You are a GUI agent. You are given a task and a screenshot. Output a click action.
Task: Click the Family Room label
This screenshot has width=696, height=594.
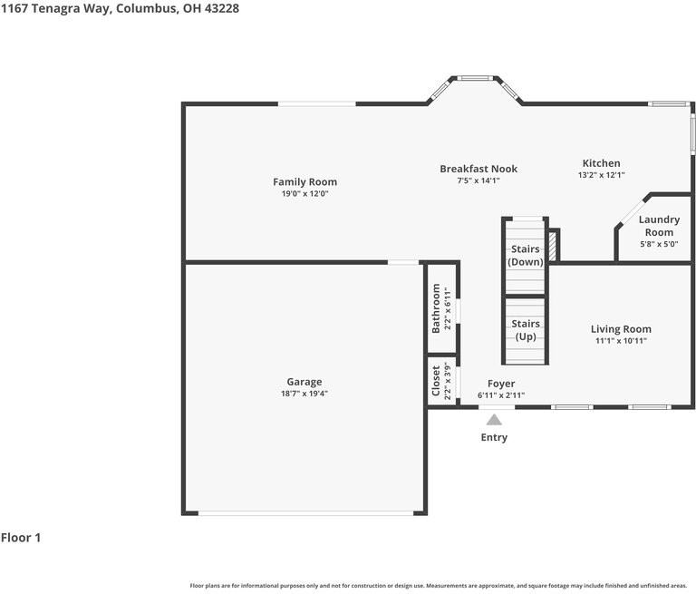(x=304, y=181)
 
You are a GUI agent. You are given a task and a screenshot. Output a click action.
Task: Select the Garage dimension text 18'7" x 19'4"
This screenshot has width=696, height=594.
(x=304, y=394)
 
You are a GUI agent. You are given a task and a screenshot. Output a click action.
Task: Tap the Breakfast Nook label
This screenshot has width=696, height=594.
(x=478, y=169)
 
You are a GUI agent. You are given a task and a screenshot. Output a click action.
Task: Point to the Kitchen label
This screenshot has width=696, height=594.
(x=601, y=163)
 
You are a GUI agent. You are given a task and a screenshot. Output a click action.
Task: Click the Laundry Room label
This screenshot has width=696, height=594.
(x=659, y=226)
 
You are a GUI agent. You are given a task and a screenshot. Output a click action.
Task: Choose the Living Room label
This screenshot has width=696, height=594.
(x=621, y=329)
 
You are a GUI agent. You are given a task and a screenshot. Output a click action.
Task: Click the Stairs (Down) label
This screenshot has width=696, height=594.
(x=526, y=256)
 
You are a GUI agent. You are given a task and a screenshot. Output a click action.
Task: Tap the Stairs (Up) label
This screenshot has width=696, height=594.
(x=526, y=330)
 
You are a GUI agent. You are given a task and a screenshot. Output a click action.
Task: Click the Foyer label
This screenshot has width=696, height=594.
(x=501, y=384)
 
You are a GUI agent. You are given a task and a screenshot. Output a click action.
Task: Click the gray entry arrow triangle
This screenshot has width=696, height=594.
(x=494, y=420)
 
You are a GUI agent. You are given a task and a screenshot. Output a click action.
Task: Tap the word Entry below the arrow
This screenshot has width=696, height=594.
(x=494, y=437)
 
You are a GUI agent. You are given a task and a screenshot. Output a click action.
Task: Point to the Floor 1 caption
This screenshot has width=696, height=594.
(x=21, y=538)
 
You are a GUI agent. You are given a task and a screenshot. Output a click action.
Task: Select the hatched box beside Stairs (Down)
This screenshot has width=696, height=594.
(x=553, y=246)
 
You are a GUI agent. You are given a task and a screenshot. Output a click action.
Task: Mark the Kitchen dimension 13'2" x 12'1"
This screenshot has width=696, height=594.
(x=601, y=175)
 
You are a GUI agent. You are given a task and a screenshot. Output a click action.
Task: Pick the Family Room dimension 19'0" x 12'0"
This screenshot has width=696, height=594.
(x=304, y=193)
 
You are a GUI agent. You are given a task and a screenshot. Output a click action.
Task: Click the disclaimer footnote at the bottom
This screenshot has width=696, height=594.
(x=438, y=586)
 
